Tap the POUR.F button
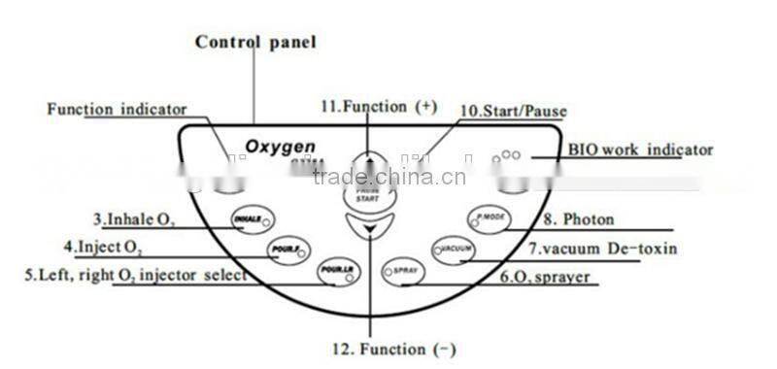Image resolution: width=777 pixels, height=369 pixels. coord(287,251)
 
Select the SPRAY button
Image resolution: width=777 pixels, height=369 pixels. coord(403,271)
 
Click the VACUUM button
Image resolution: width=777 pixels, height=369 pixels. coord(453,251)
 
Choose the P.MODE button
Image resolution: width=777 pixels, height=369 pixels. coord(488,218)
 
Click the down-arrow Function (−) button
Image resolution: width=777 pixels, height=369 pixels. coord(369,230)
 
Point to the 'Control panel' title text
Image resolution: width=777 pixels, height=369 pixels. coord(255,42)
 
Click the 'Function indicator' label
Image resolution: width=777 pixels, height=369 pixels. coord(117,109)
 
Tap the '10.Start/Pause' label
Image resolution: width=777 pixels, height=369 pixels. coord(512,112)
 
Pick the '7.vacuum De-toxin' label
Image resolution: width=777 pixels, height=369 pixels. coord(602,249)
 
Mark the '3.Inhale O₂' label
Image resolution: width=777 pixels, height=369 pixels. coord(134,218)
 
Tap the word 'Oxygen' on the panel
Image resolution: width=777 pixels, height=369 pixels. coord(280,147)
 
